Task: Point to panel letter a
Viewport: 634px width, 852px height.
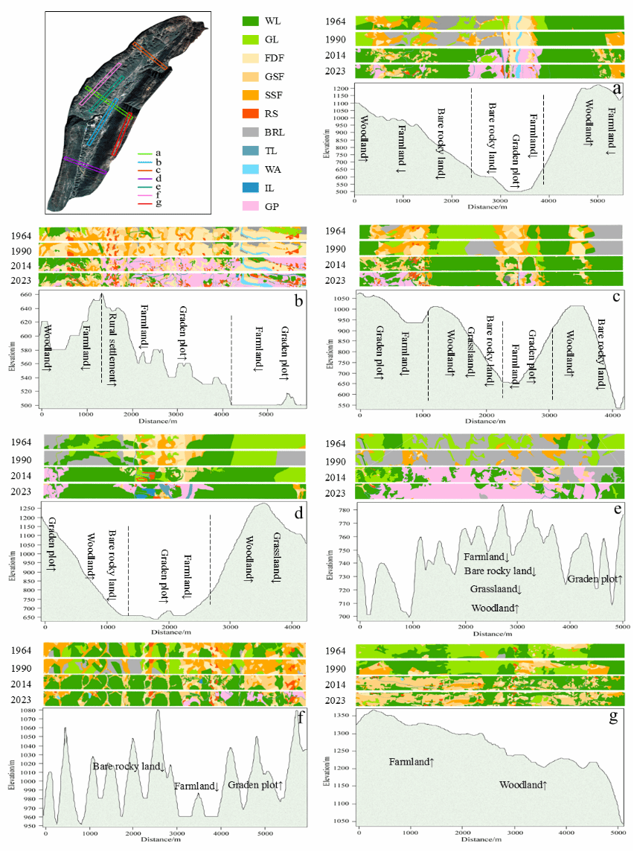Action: pyautogui.click(x=616, y=89)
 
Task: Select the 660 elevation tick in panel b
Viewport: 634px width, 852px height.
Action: pyautogui.click(x=25, y=295)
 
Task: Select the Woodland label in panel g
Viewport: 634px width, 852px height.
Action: pyautogui.click(x=523, y=785)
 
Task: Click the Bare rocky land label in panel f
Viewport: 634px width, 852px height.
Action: pyautogui.click(x=129, y=766)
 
